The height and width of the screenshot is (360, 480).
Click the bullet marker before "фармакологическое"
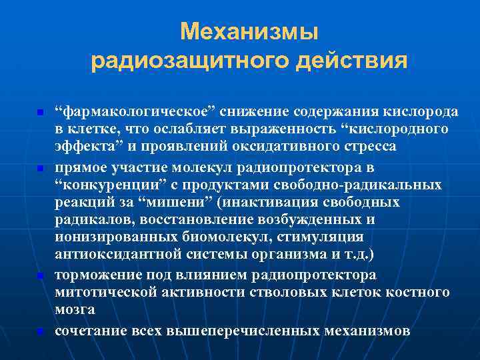pyautogui.click(x=40, y=111)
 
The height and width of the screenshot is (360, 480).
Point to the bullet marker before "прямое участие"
pyautogui.click(x=40, y=167)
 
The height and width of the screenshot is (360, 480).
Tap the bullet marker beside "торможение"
pyautogui.click(x=40, y=275)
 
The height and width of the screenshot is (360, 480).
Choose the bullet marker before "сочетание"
pyautogui.click(x=40, y=330)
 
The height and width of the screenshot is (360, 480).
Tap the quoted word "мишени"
pyautogui.click(x=138, y=202)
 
